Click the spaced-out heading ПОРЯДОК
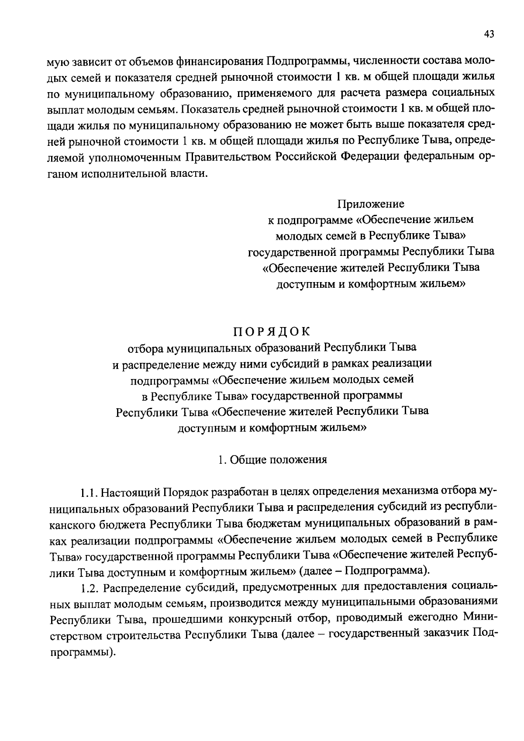point(271,332)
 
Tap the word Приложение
point(371,204)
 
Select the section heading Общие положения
point(278,460)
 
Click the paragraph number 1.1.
point(89,493)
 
